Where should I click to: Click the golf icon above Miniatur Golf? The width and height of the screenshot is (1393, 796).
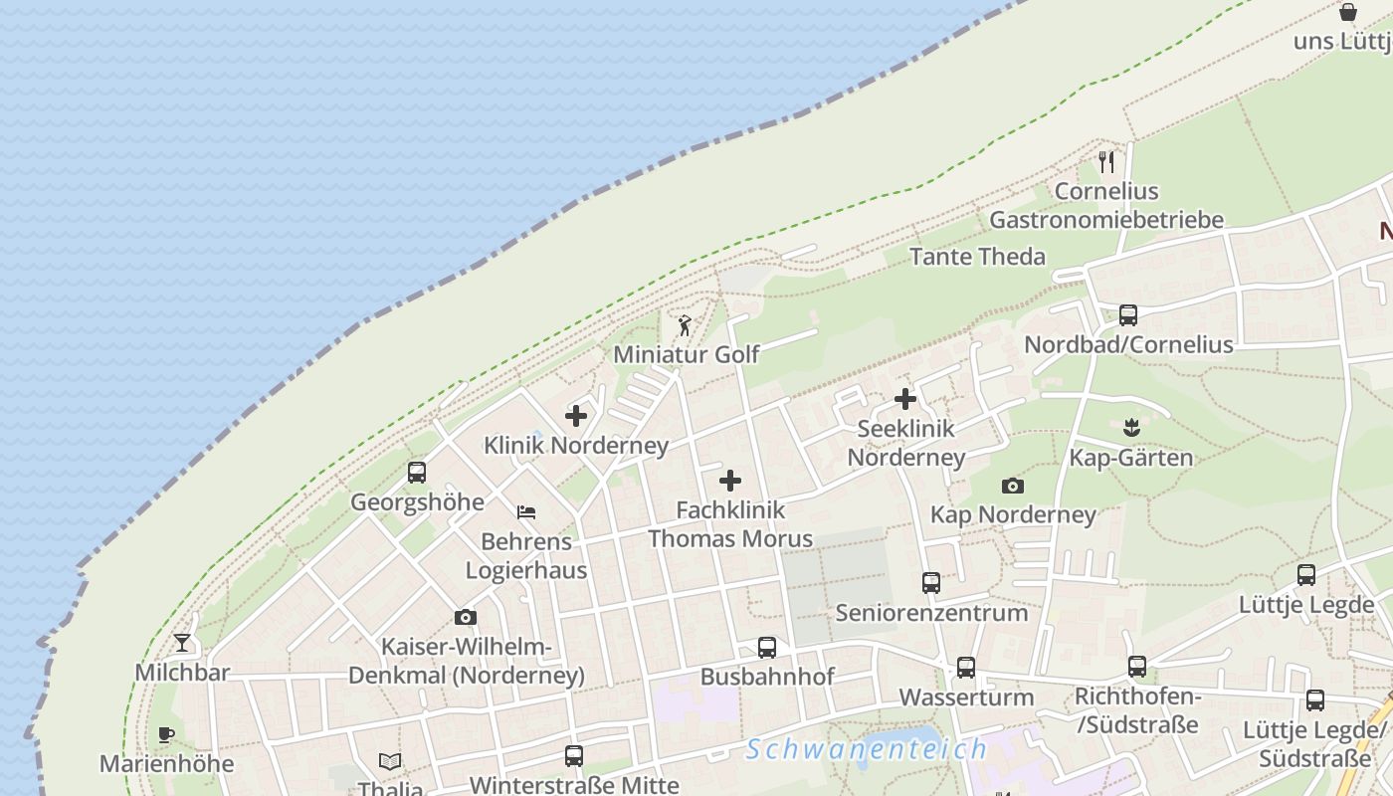(685, 325)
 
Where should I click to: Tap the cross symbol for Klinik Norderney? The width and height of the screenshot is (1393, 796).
(575, 416)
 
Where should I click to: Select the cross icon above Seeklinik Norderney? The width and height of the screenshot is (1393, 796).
(904, 399)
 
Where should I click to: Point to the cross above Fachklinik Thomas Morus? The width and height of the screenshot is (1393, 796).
(730, 481)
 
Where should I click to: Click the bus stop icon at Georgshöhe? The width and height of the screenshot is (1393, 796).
(417, 473)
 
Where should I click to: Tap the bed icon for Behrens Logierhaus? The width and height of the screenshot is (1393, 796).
(526, 512)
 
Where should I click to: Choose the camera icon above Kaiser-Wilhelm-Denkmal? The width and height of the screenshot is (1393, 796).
(465, 618)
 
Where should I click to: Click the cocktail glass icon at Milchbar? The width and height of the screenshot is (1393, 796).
(182, 643)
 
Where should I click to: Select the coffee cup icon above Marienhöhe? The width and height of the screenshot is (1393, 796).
(166, 735)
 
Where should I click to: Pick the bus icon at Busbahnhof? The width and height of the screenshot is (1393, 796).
(766, 648)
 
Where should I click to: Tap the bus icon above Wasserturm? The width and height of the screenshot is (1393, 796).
(965, 668)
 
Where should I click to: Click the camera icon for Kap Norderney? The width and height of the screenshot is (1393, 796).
(1013, 486)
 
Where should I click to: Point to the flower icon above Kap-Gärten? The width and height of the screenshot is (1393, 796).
(1130, 429)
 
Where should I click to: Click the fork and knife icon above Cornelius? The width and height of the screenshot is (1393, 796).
(1106, 161)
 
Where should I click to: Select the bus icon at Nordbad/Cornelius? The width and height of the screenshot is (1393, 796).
(1127, 315)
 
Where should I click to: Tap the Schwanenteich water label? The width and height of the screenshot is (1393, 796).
(866, 749)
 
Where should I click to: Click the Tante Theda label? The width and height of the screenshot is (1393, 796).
(977, 257)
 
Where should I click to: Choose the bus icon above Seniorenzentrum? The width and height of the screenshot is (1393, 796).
(930, 583)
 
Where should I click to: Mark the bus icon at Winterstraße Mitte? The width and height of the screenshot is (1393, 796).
(573, 756)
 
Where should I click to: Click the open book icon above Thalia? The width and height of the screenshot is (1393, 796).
(390, 762)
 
